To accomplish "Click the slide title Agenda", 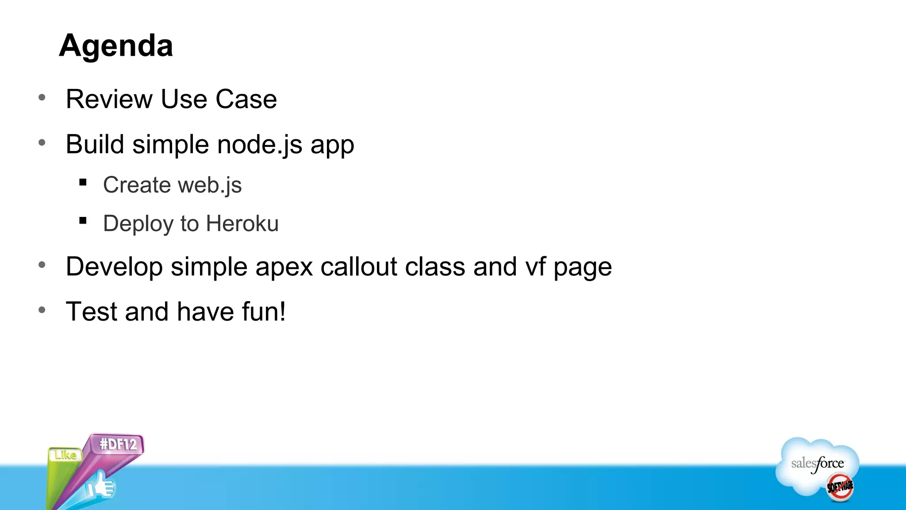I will pos(116,46).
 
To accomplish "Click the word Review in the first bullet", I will pos(109,99).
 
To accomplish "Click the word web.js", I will pos(210,185).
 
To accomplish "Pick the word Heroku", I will pos(242,224).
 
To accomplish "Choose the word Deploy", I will pos(138,224).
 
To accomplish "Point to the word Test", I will pos(92,312).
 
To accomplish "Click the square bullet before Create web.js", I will pos(83,182).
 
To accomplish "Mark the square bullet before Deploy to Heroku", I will pos(83,220).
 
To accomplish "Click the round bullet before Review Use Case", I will pos(42,97).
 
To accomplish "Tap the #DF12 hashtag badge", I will pos(118,444).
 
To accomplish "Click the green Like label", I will pos(65,455).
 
